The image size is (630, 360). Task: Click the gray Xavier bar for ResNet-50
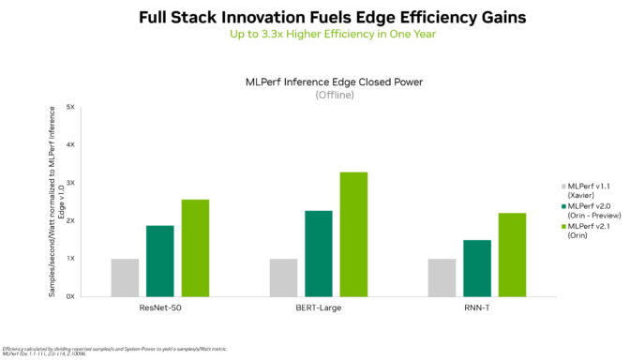pos(125,277)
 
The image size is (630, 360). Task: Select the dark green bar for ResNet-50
pos(160,261)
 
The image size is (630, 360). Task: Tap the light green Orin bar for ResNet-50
pos(195,247)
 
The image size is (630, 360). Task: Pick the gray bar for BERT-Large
pos(283,277)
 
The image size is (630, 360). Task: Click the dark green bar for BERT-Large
pos(319,253)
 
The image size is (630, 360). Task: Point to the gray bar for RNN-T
pos(441,277)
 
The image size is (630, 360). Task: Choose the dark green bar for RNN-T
pos(476,268)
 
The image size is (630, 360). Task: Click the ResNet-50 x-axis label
pos(159,307)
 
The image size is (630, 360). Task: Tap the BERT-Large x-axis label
pos(318,307)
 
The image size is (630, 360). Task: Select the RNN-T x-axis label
pos(476,307)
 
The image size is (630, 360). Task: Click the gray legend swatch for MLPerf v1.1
pos(560,187)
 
